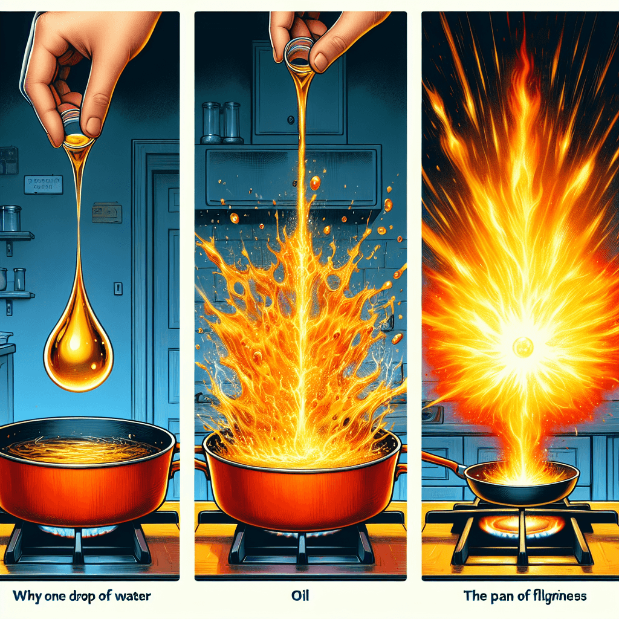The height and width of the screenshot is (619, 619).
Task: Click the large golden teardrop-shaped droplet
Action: click(x=79, y=351)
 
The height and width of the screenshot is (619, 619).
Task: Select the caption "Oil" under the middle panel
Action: click(x=300, y=595)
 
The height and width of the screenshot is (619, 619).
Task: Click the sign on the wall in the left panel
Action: click(x=43, y=184)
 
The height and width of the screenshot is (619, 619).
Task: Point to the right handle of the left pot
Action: click(x=175, y=456)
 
